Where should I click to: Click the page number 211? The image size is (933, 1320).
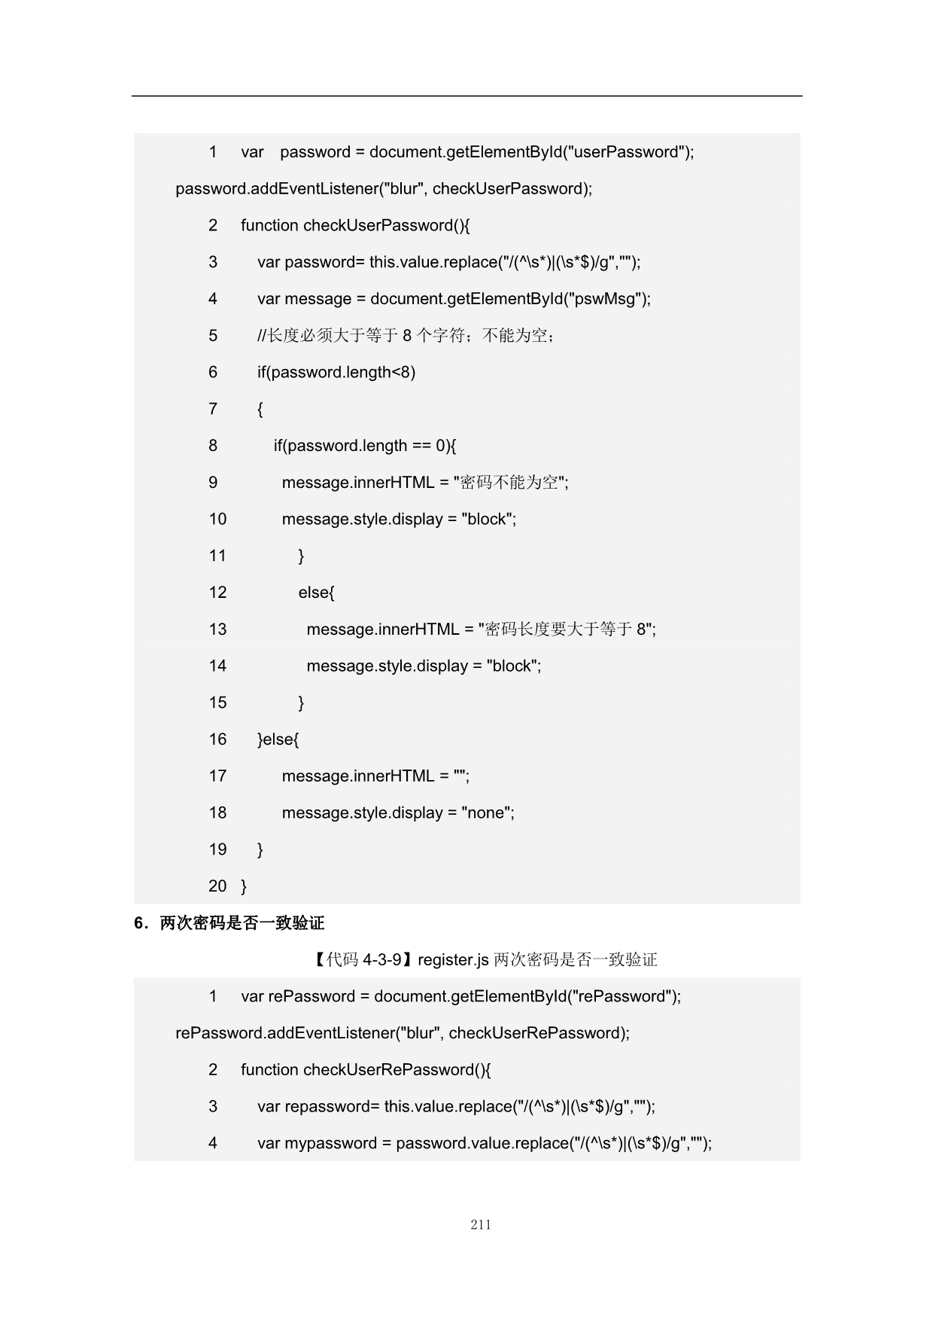(481, 1224)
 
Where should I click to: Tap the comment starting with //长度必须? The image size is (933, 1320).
(406, 336)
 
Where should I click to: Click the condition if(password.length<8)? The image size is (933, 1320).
(336, 372)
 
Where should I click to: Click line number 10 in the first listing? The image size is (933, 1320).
(217, 519)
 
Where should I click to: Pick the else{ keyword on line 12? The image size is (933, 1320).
(316, 593)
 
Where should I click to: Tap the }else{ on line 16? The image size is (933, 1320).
(278, 739)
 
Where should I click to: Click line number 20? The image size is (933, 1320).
(217, 886)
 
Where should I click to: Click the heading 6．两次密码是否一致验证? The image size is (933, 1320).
(229, 923)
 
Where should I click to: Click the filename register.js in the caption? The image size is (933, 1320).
(453, 960)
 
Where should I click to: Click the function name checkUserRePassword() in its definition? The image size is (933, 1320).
(396, 1070)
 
